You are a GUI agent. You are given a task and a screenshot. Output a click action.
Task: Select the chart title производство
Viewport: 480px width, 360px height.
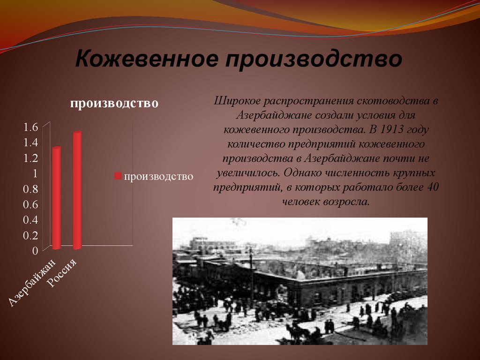[113, 103]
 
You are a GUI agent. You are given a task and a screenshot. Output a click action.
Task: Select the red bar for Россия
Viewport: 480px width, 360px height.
[77, 190]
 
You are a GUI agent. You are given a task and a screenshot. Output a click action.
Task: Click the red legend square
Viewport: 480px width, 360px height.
[118, 176]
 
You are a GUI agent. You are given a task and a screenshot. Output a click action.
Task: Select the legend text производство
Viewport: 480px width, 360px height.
[158, 176]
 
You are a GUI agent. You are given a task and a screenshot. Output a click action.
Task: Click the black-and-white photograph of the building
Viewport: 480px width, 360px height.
[300, 281]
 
